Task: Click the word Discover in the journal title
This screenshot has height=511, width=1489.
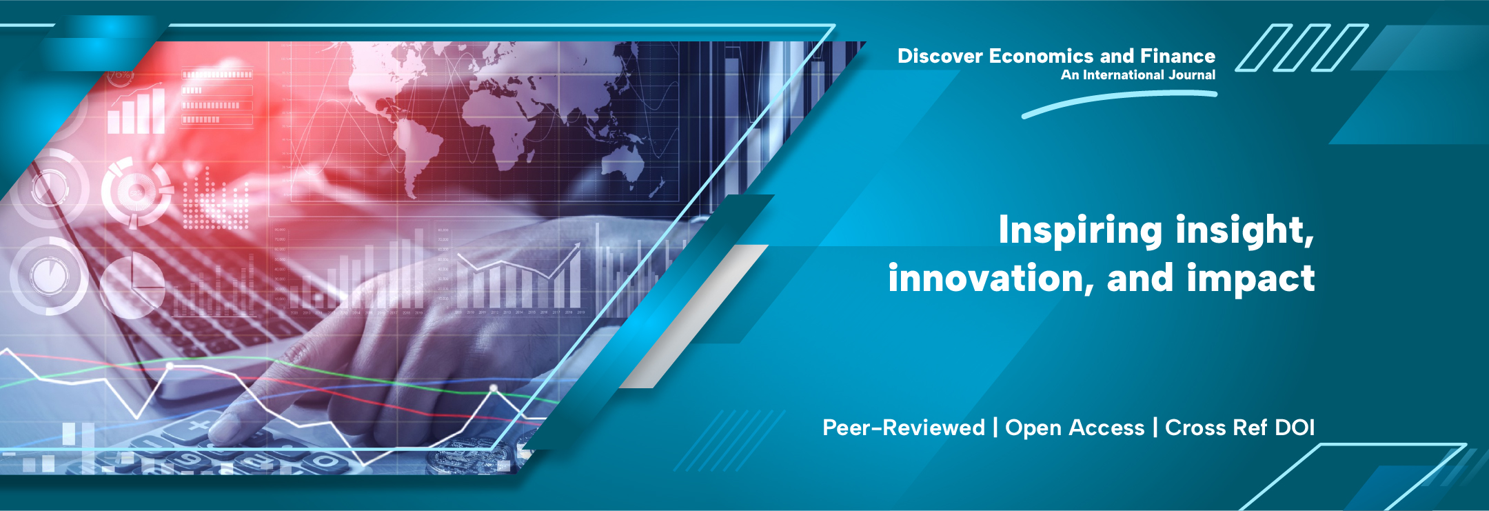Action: (x=940, y=56)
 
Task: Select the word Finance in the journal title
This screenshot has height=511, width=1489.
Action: (x=1177, y=56)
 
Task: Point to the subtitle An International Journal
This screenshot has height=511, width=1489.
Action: (x=1138, y=74)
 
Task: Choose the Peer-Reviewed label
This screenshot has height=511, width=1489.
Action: (x=904, y=428)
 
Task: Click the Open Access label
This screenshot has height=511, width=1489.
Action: (x=1075, y=428)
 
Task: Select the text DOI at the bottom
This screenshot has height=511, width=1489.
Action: (x=1295, y=428)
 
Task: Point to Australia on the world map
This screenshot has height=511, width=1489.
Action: (x=624, y=165)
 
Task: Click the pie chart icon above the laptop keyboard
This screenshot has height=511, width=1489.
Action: (x=132, y=284)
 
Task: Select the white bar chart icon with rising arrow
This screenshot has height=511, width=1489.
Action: (x=136, y=108)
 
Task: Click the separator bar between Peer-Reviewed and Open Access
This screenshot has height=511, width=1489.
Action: (x=995, y=428)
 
